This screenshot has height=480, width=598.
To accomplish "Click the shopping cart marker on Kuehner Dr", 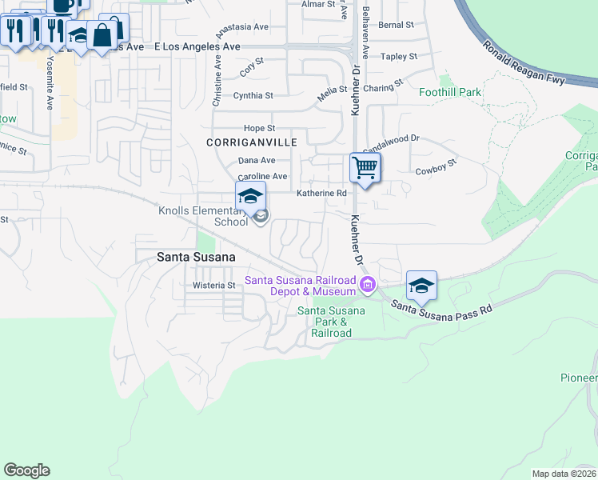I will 365,169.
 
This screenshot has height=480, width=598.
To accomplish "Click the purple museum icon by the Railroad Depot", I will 367,284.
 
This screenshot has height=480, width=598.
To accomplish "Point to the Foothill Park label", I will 451,92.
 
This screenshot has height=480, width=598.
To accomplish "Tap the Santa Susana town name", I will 196,257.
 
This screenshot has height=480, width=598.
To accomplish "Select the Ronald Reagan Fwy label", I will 524,61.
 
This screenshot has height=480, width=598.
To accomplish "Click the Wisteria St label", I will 214,285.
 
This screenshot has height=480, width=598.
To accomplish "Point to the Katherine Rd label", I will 322,193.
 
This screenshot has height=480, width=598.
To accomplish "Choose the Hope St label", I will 259,128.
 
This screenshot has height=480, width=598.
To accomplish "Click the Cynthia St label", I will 253,95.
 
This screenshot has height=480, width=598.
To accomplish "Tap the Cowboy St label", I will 435,167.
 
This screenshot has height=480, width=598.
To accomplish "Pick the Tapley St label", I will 399,56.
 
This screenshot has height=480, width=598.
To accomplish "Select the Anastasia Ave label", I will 243,26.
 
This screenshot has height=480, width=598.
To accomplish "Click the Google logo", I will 26,470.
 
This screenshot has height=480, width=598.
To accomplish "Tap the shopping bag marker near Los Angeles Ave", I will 103,34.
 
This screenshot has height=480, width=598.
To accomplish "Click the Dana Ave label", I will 257,160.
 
